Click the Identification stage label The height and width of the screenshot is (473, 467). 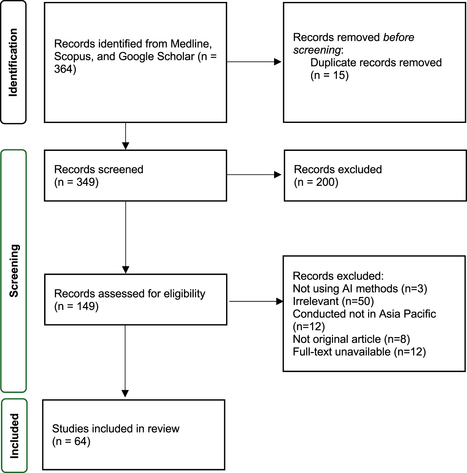click(13, 62)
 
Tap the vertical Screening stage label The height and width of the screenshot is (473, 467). click(14, 271)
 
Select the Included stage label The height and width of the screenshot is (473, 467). click(14, 436)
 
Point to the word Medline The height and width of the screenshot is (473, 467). click(191, 44)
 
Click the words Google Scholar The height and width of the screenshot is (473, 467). click(156, 57)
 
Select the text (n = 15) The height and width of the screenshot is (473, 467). click(329, 75)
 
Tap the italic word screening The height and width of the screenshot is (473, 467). click(317, 50)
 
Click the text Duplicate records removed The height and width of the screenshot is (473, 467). click(376, 63)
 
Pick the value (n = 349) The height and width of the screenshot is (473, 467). click(76, 182)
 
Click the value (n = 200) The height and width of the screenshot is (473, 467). click(316, 182)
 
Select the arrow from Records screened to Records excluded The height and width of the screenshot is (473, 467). click(254, 175)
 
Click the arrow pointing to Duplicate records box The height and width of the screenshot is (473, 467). click(254, 62)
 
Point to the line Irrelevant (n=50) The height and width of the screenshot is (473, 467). click(333, 301)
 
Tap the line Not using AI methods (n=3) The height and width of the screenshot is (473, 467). click(360, 289)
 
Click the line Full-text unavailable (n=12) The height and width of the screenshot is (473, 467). click(359, 352)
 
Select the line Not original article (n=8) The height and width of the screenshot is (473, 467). click(351, 339)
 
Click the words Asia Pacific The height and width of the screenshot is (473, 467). click(407, 314)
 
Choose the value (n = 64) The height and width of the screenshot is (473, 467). click(71, 441)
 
